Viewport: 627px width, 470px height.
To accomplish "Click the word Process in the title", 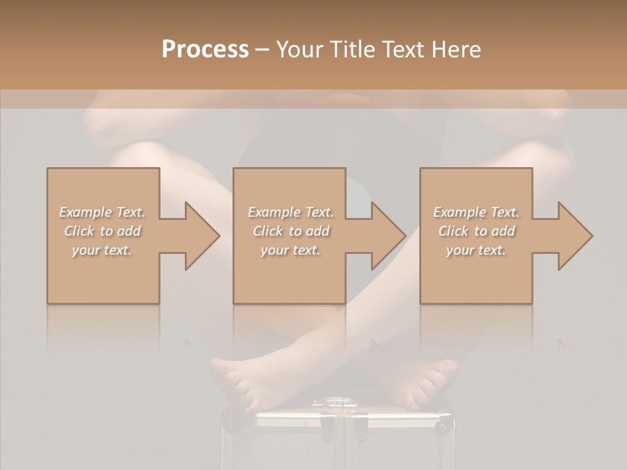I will coord(205,50).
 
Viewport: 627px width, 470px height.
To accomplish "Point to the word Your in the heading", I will coord(300,50).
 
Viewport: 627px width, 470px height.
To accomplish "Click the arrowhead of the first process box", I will coord(200,236).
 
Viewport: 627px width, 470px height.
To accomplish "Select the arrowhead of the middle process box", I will coord(386,236).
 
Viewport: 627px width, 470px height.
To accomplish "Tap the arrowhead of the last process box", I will coord(573,236).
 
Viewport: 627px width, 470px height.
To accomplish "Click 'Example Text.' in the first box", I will coord(103,212).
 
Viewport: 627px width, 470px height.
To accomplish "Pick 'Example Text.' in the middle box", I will coord(291,212).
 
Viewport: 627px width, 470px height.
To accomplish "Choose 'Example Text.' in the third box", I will coord(476,212).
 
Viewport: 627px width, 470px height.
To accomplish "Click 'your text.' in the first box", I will coord(102,250).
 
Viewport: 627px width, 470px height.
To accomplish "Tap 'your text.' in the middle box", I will coord(291,250).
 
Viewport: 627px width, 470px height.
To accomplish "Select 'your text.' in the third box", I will coord(476,250).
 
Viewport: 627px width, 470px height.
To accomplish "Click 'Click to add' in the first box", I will coord(103,231).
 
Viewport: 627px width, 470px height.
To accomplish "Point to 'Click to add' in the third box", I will coord(476,231).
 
